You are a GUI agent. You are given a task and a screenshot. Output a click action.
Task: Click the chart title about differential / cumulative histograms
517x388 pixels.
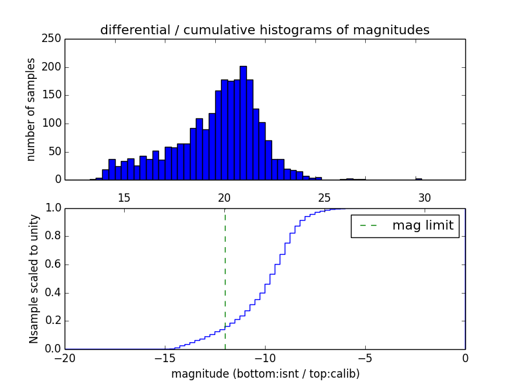(x=264, y=30)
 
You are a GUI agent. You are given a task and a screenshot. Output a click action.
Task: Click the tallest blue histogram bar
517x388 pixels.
(x=243, y=123)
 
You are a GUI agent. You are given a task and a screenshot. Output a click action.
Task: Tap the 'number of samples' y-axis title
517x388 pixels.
(x=31, y=109)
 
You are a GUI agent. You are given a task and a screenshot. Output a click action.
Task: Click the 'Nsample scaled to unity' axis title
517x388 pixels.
(x=34, y=279)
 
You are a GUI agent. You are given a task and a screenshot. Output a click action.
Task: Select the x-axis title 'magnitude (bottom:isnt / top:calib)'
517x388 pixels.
(x=265, y=374)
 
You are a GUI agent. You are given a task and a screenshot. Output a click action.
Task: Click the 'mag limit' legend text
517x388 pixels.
(x=423, y=226)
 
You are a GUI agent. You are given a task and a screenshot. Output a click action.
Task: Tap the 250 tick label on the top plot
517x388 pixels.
(x=54, y=39)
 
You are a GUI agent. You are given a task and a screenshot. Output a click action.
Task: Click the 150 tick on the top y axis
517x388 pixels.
(x=54, y=95)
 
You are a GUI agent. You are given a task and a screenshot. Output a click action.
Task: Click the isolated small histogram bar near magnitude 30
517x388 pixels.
(x=419, y=178)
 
